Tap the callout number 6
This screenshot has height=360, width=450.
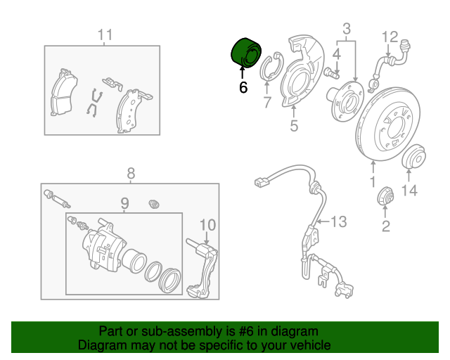click(x=243, y=88)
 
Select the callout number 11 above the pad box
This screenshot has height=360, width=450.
click(x=105, y=34)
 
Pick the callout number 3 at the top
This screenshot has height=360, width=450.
click(x=347, y=29)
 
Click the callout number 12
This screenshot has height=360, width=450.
click(x=390, y=36)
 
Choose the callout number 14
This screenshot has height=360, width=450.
click(x=410, y=190)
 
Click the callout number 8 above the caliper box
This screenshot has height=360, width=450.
click(x=130, y=174)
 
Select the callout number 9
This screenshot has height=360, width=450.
click(x=124, y=205)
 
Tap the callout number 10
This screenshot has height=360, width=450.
click(x=207, y=225)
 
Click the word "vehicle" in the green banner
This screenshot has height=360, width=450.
click(x=310, y=345)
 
